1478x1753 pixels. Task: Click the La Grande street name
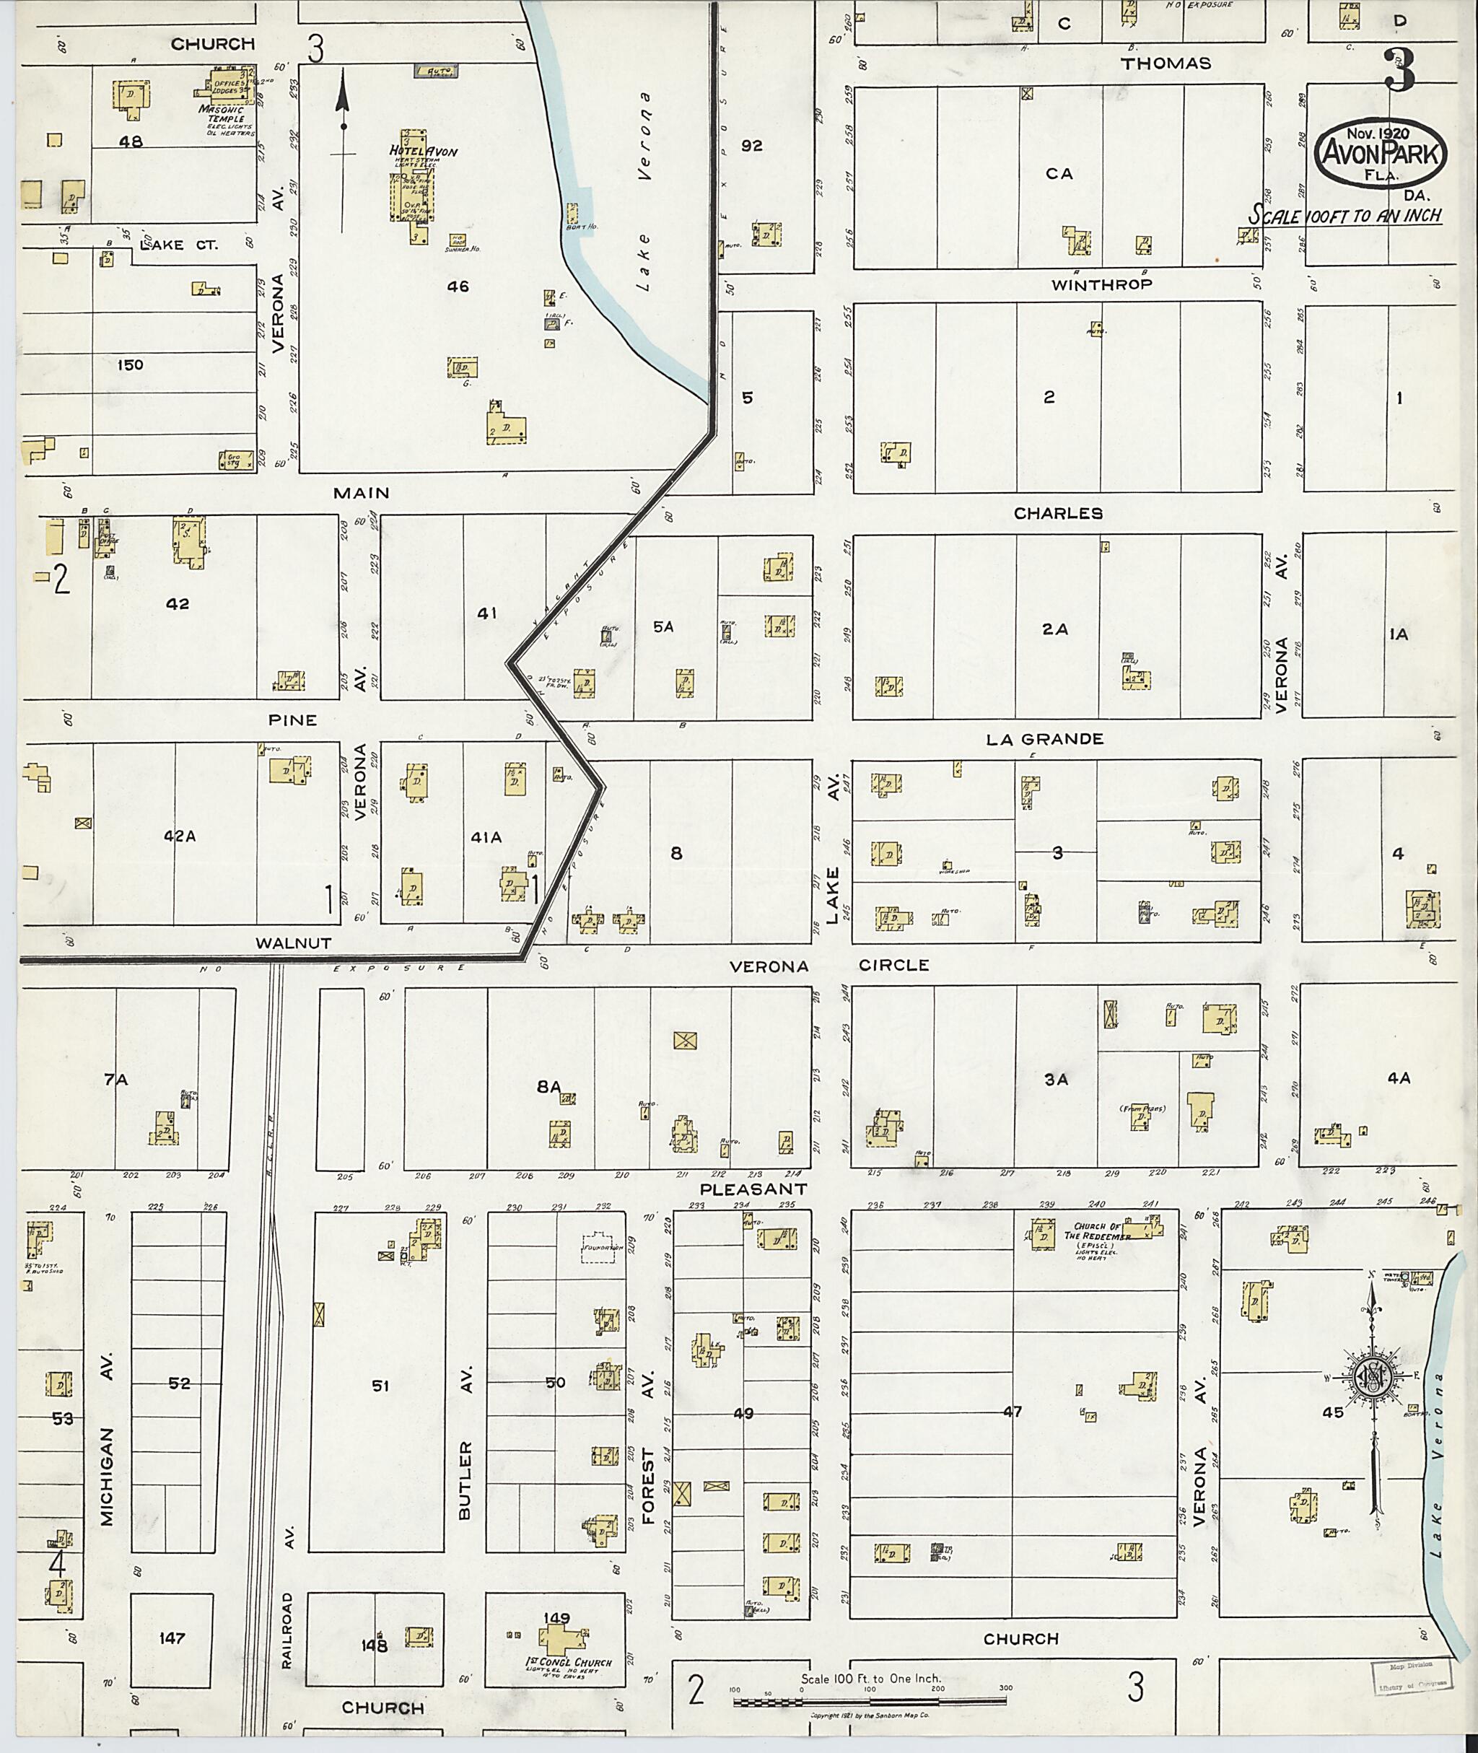pos(1044,738)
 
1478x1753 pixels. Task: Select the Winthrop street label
pos(1102,285)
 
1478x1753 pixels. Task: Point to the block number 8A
pos(548,1087)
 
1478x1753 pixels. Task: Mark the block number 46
pos(458,287)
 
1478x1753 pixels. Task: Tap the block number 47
pos(1013,1412)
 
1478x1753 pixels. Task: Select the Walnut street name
pos(293,943)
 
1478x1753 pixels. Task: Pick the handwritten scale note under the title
pos(1344,215)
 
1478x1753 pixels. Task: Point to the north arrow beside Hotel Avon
pos(342,151)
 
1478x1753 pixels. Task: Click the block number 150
pos(130,364)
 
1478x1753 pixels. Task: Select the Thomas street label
pos(1166,64)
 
